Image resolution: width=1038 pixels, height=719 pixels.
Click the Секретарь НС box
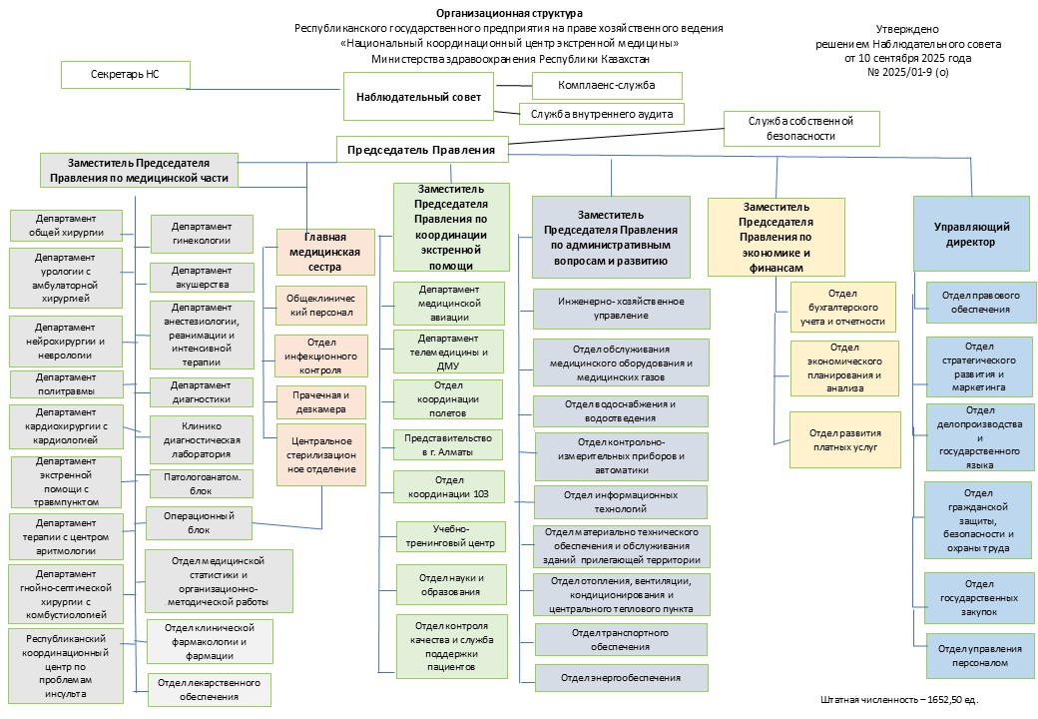coord(124,75)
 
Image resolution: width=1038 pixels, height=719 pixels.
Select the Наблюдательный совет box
coord(418,97)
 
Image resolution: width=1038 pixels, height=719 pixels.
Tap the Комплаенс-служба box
coord(607,85)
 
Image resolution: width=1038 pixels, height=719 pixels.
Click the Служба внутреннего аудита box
coord(602,114)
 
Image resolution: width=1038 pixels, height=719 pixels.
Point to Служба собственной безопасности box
coord(801,128)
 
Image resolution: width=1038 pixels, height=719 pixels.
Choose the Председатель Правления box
coord(421,151)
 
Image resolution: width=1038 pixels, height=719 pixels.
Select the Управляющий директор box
coord(971,234)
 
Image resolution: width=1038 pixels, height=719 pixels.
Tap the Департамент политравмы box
coord(66,384)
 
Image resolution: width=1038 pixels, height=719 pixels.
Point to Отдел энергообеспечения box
coord(621,678)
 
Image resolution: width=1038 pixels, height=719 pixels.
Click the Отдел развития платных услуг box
coord(844,439)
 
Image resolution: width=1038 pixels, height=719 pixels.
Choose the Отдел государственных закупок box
coord(979,597)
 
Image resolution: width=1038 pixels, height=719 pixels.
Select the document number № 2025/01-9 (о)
coord(908,73)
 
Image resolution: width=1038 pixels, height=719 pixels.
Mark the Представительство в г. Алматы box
coord(448,444)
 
